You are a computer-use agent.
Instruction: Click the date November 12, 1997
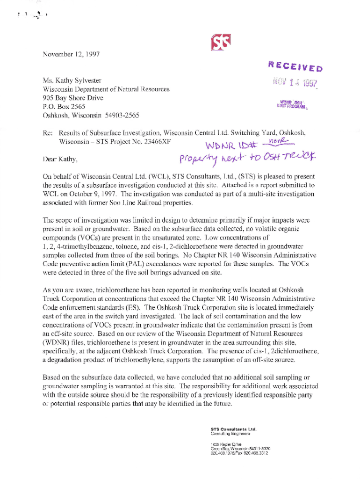(x=71, y=54)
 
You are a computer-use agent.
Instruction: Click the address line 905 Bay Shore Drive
(x=73, y=98)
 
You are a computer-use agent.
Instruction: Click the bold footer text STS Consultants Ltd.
(x=234, y=428)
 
